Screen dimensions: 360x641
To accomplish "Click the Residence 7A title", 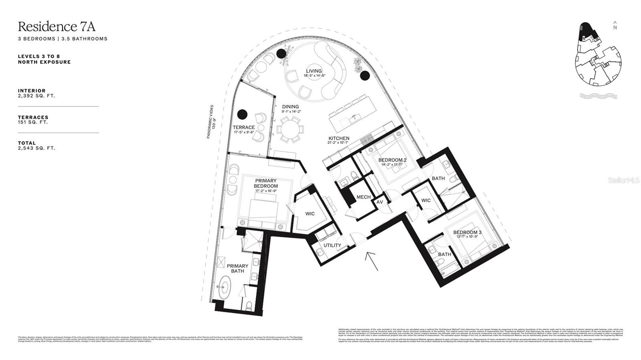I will [x=56, y=26].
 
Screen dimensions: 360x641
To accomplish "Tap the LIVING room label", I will [x=314, y=71].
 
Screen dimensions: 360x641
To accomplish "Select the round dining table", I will [x=291, y=129].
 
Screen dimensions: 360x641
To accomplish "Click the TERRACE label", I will [x=244, y=127].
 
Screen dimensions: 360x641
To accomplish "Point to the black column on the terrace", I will [x=242, y=115].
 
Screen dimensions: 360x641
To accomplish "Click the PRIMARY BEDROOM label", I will [x=266, y=183].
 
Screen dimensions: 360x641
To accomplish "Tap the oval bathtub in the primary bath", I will [x=224, y=288].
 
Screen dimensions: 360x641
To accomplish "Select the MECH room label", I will [x=363, y=197].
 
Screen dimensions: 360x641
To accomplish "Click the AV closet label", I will [x=380, y=202].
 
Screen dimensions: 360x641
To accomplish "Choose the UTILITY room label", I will [x=332, y=245].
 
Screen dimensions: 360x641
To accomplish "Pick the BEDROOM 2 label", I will [x=393, y=160].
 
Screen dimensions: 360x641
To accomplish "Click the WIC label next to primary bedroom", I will [x=310, y=214].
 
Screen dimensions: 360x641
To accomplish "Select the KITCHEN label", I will [x=339, y=138].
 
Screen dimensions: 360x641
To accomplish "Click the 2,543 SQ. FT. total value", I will [x=36, y=148].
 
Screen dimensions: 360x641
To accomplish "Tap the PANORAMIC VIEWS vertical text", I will [x=212, y=122].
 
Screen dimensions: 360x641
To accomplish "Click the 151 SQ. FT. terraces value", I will [x=33, y=122].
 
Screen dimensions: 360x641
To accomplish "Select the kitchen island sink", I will [x=353, y=118].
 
